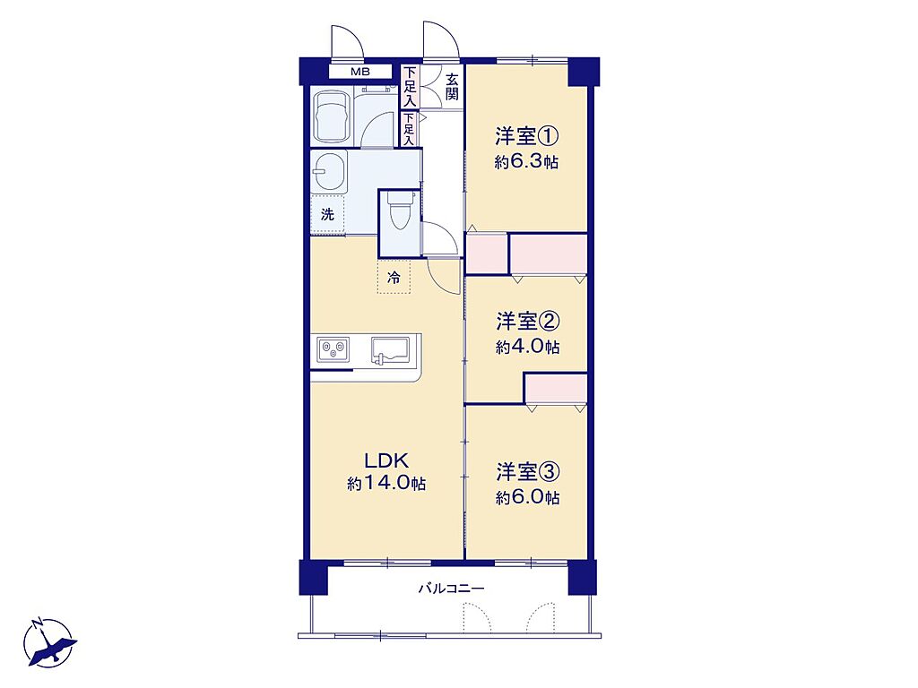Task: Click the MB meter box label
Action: pyautogui.click(x=360, y=72)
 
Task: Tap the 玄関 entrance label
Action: pyautogui.click(x=452, y=87)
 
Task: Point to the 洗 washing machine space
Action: pyautogui.click(x=327, y=215)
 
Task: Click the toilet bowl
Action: pyautogui.click(x=400, y=211)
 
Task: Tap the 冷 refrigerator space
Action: pyautogui.click(x=394, y=277)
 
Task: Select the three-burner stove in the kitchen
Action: pyautogui.click(x=333, y=350)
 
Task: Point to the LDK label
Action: pyautogui.click(x=385, y=461)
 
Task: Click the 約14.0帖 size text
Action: pyautogui.click(x=386, y=484)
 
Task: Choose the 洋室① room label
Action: pyautogui.click(x=526, y=137)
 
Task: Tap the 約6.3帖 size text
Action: pyautogui.click(x=526, y=161)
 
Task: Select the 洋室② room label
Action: pyautogui.click(x=527, y=322)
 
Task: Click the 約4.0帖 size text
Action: pyautogui.click(x=527, y=347)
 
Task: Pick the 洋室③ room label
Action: pyautogui.click(x=527, y=471)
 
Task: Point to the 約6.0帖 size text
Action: pyautogui.click(x=527, y=497)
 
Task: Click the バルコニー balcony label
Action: pyautogui.click(x=451, y=588)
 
